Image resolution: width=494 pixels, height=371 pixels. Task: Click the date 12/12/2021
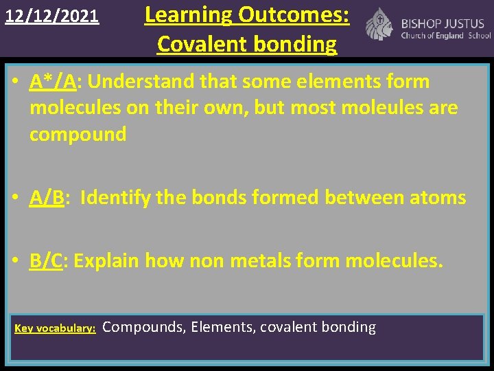pyautogui.click(x=52, y=15)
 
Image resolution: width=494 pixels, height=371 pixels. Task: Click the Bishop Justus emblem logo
pyautogui.click(x=379, y=24)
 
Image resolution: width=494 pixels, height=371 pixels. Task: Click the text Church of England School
pyautogui.click(x=446, y=36)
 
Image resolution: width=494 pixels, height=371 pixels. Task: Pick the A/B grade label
pyautogui.click(x=47, y=198)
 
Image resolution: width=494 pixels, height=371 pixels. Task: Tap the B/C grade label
pyautogui.click(x=46, y=260)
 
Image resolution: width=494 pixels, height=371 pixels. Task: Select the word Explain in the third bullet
pyautogui.click(x=104, y=260)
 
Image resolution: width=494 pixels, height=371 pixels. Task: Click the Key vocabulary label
pyautogui.click(x=55, y=328)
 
